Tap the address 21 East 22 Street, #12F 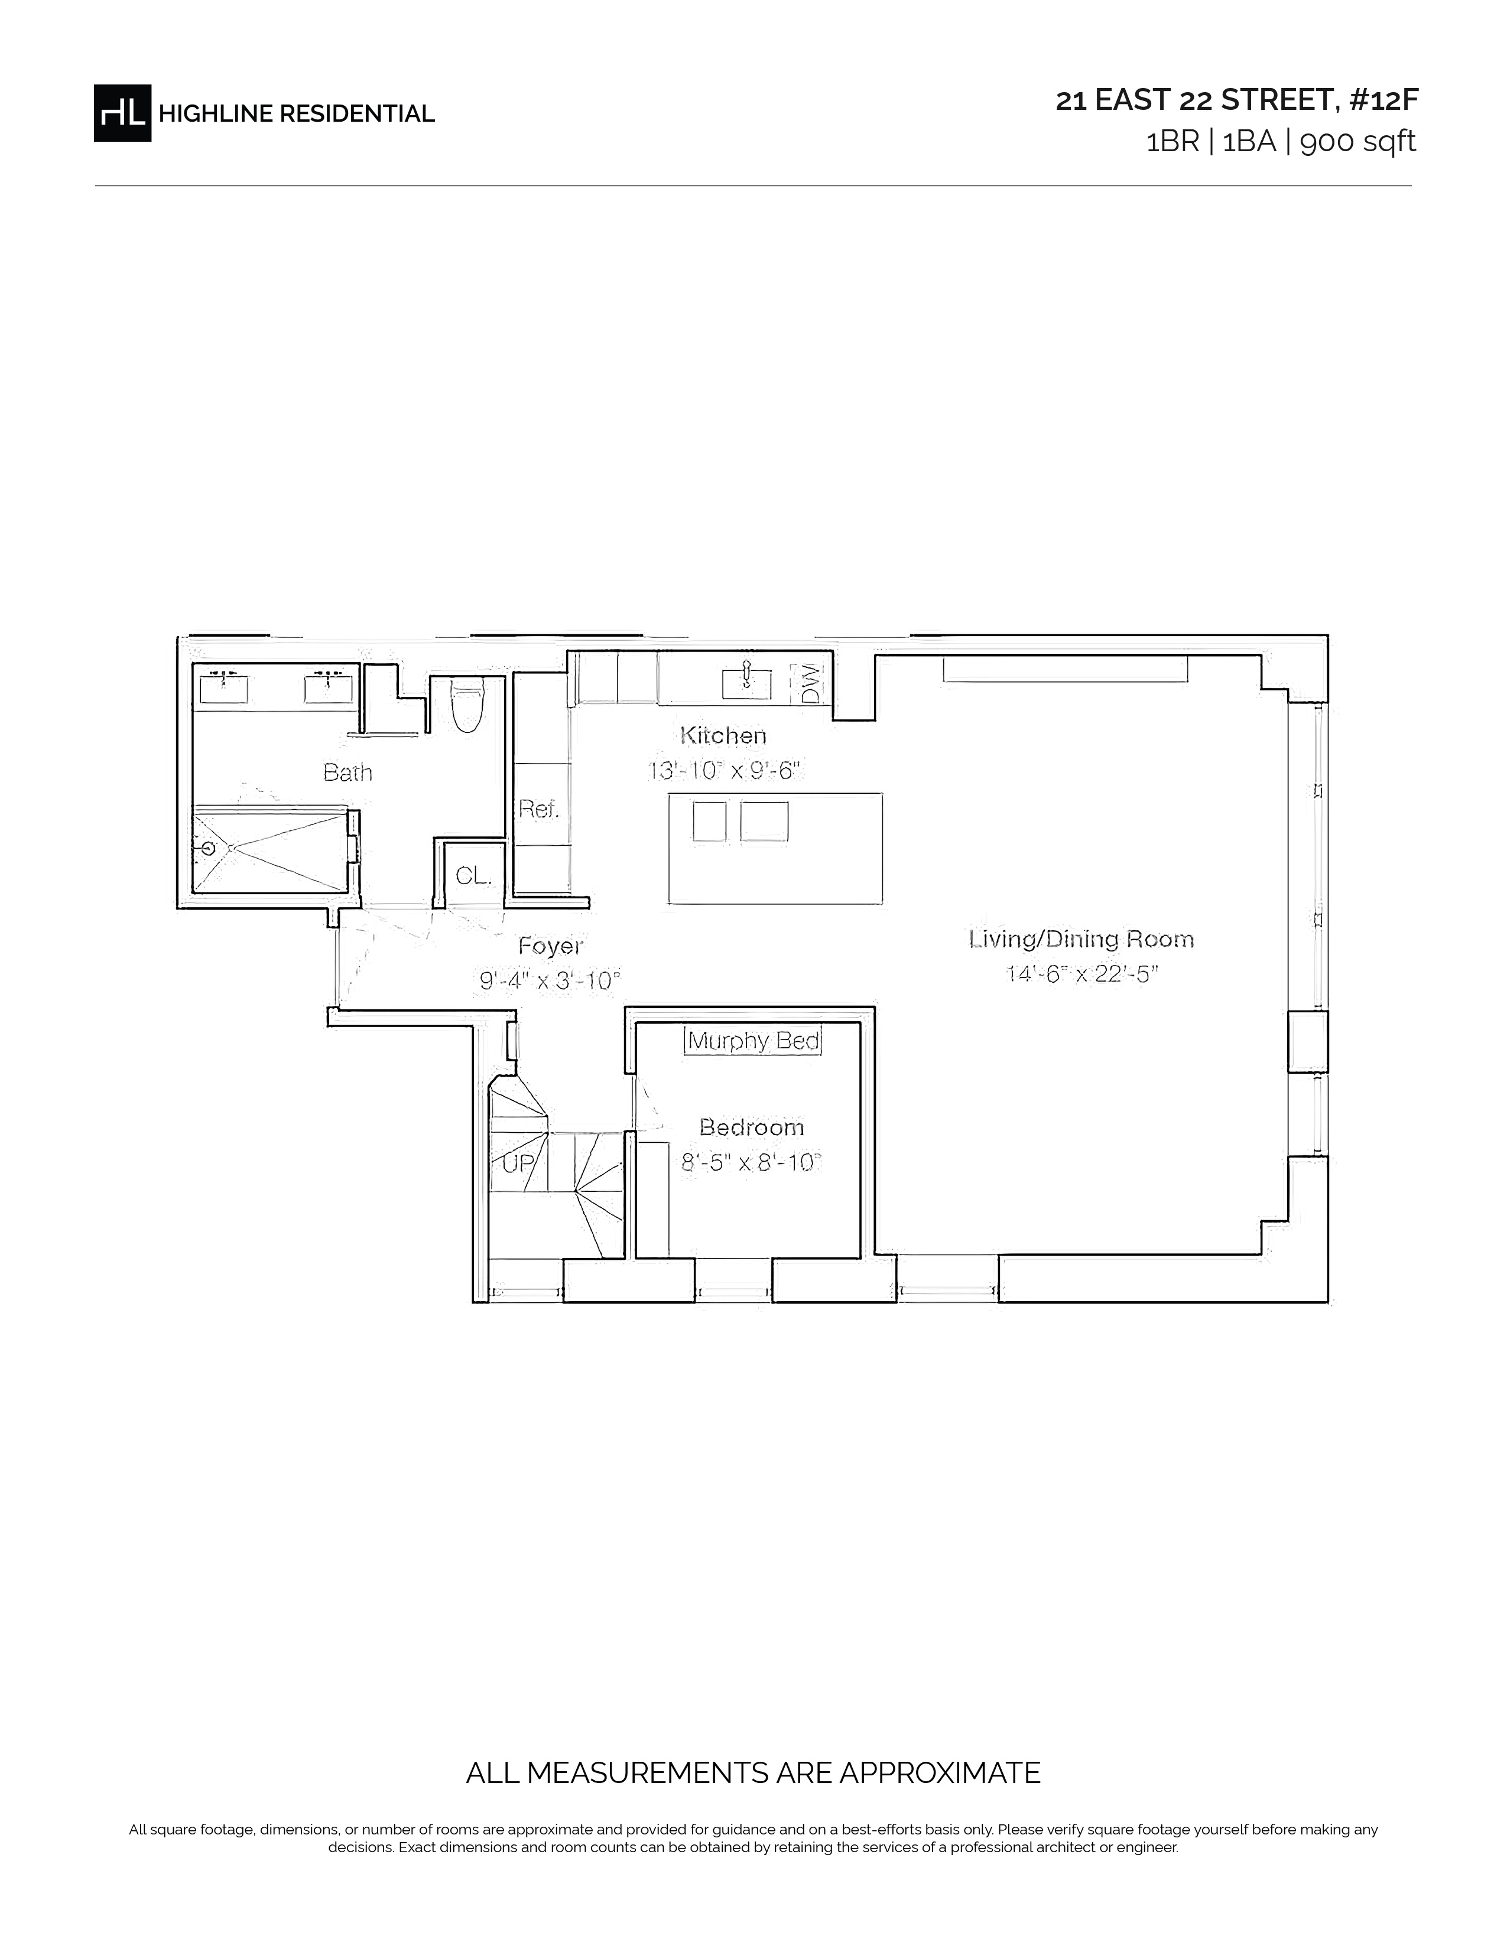point(1236,100)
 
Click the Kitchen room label point(723,735)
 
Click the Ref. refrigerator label point(538,809)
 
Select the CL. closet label point(473,876)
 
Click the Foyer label point(551,946)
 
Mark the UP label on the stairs point(518,1163)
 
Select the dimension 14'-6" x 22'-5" point(1082,973)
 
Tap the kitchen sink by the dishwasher point(746,683)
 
